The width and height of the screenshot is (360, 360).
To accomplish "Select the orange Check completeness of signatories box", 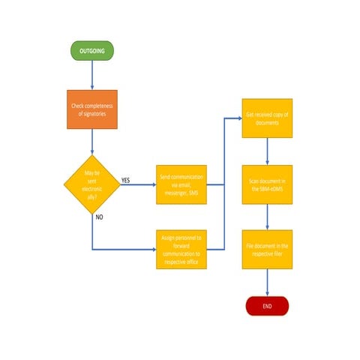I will coord(92,109).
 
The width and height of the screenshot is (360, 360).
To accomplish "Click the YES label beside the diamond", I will coord(125,180).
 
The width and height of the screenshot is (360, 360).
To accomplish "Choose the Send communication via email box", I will coord(181,183).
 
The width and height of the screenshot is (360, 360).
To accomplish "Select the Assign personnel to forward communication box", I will coord(181,249).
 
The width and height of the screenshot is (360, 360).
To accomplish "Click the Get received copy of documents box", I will coord(267,118).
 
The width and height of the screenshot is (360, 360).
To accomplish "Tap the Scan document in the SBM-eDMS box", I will coord(267,184).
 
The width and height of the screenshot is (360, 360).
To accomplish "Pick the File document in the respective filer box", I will coord(267,250).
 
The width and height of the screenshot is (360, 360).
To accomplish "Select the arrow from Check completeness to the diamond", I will coord(92,142).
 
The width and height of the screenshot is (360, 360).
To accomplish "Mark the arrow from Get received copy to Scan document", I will coord(267,151).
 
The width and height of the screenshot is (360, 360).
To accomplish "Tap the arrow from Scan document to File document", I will coord(267,217).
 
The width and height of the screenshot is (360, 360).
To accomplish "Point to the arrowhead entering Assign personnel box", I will coord(152,248).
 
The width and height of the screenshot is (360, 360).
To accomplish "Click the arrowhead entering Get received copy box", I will coord(238,118).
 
